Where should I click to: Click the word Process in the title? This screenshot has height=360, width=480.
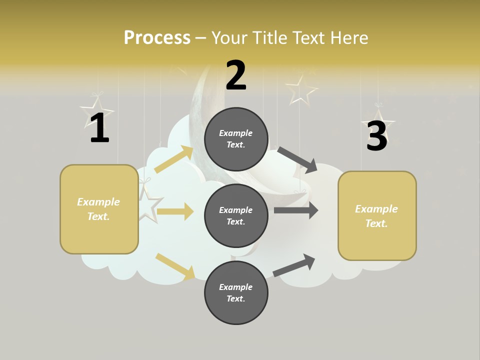coord(157,38)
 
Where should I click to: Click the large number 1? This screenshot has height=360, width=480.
coord(99,129)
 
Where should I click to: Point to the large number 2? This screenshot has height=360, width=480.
coord(236,76)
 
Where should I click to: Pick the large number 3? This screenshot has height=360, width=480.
coord(376,136)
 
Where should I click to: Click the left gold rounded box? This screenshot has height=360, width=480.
coord(99,209)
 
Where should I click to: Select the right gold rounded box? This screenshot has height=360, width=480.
coord(377,216)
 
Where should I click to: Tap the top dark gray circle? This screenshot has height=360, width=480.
coord(236,139)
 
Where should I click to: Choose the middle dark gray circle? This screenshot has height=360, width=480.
coord(236,215)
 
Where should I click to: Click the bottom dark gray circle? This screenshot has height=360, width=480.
coord(236,292)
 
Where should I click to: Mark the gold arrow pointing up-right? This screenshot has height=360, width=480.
coord(174,159)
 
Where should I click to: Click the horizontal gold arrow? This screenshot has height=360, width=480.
coord(175,211)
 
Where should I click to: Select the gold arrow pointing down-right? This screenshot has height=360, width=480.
coord(175,266)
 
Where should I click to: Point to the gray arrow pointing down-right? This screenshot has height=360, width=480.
coord(297,159)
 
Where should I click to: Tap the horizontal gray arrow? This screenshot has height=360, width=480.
coord(296,210)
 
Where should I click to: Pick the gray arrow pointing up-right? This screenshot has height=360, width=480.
coord(294,265)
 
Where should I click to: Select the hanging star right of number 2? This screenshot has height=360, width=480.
coord(301,89)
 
